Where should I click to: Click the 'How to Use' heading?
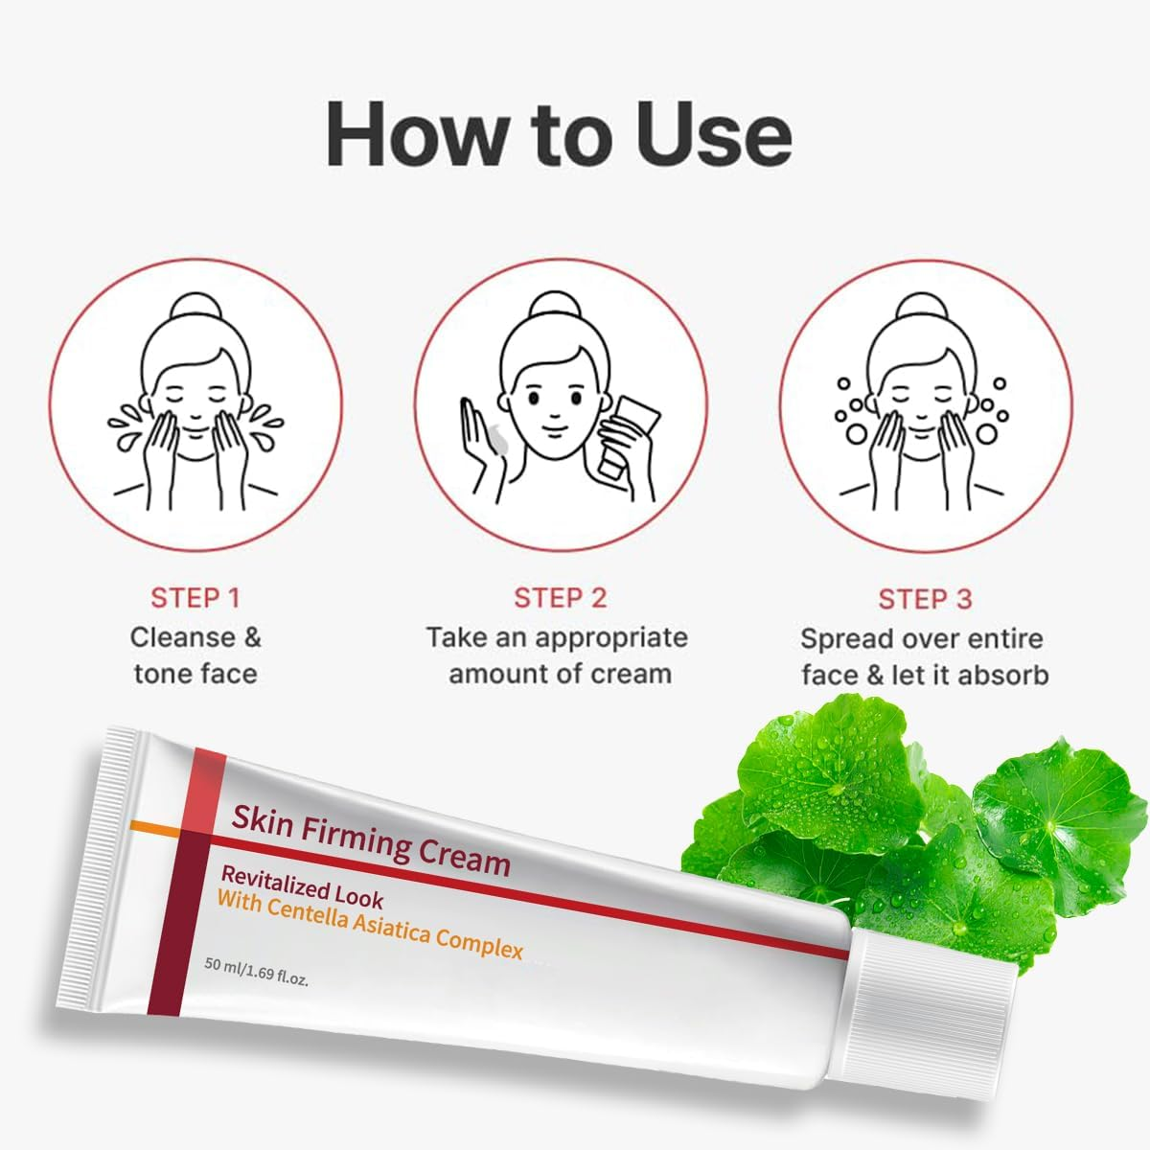tap(559, 134)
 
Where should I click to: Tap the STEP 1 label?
tap(195, 598)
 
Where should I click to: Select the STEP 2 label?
tap(561, 598)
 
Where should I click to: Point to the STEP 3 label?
tap(925, 599)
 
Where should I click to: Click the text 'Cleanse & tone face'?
tap(195, 655)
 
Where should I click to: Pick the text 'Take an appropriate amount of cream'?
tap(558, 655)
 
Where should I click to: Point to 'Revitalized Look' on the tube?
tap(302, 886)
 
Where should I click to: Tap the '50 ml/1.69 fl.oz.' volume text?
tap(256, 970)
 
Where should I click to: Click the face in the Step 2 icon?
tap(550, 402)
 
